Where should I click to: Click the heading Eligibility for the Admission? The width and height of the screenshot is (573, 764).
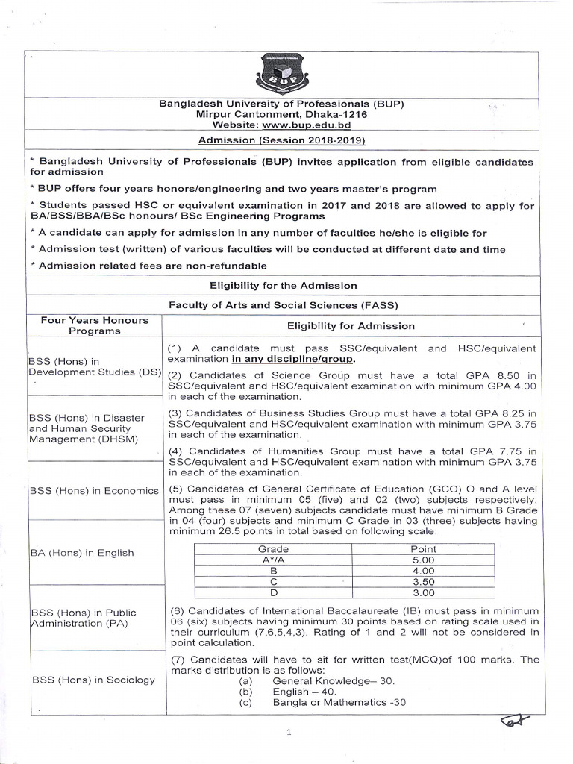(x=283, y=286)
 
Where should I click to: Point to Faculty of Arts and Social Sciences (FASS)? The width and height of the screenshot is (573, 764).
(x=283, y=305)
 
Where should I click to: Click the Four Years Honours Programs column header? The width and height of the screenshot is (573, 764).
(x=95, y=325)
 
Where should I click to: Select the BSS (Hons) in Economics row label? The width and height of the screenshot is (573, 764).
(x=94, y=491)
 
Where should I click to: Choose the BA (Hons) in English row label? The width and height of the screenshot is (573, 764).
(x=81, y=553)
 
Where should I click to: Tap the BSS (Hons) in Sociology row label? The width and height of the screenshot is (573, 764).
(x=92, y=680)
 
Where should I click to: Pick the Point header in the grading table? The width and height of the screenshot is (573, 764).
(x=423, y=548)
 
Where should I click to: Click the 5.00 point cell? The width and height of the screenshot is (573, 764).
(x=423, y=560)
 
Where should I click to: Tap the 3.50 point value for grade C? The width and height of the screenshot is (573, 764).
(x=423, y=582)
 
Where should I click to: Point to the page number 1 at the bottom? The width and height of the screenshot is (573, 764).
(x=288, y=733)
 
